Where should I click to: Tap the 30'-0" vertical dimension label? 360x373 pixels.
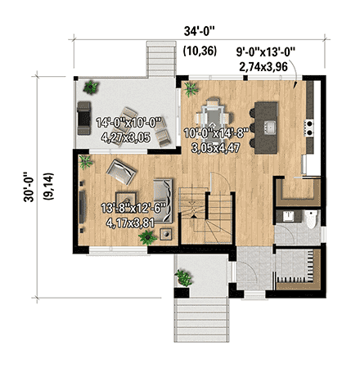coord(30,186)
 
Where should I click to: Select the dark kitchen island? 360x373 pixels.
coord(267,125)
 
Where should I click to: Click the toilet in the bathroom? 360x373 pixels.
coord(311,219)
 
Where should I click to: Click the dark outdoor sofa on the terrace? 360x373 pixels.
coord(84,119)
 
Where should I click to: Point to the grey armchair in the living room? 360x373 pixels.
coord(124,172)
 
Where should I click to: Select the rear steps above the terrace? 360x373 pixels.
coord(157,57)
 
